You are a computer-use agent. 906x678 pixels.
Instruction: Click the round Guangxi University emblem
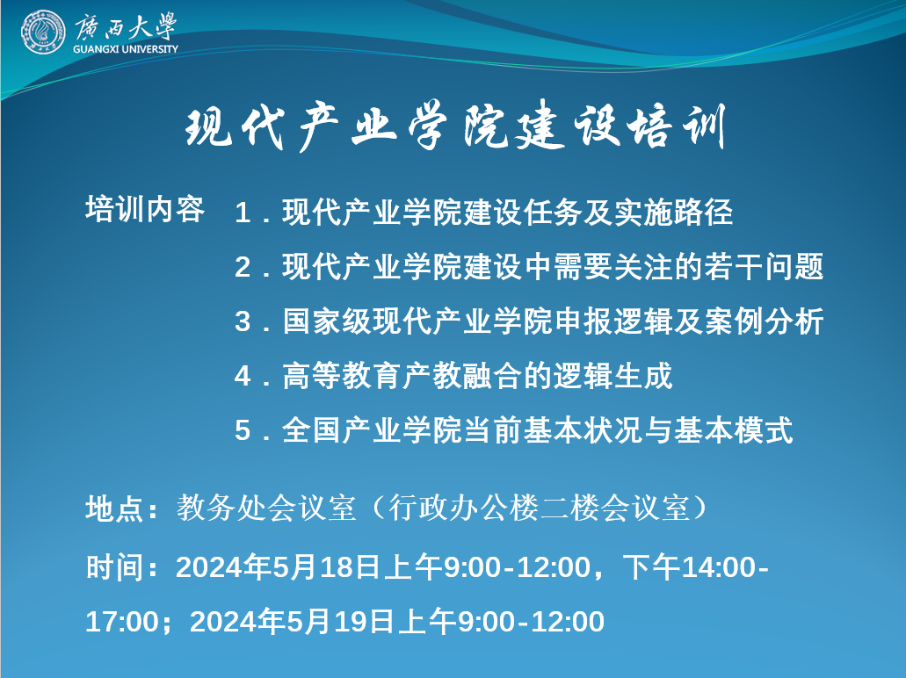pyautogui.click(x=42, y=32)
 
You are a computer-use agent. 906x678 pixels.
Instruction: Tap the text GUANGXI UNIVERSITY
pyautogui.click(x=126, y=50)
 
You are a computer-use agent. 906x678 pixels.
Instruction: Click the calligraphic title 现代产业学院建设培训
pyautogui.click(x=454, y=126)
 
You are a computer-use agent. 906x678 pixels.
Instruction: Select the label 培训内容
pyautogui.click(x=145, y=209)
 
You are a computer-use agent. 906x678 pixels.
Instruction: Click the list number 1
pyautogui.click(x=243, y=213)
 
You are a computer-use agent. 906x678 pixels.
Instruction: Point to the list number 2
pyautogui.click(x=243, y=267)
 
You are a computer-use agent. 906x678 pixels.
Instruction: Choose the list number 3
pyautogui.click(x=243, y=321)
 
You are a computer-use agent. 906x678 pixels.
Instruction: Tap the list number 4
pyautogui.click(x=243, y=376)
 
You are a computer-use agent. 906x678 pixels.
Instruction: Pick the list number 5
pyautogui.click(x=243, y=431)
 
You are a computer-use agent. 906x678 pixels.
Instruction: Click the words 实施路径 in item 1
pyautogui.click(x=673, y=213)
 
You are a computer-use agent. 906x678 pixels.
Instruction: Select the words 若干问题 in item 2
pyautogui.click(x=764, y=267)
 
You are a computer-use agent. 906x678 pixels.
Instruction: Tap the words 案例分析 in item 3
pyautogui.click(x=764, y=321)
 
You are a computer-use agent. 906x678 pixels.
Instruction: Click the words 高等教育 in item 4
pyautogui.click(x=342, y=376)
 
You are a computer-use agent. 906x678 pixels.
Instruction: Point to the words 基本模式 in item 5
pyautogui.click(x=734, y=431)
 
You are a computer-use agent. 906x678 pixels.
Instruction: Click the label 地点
pyautogui.click(x=114, y=508)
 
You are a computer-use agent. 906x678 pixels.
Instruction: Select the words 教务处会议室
pyautogui.click(x=266, y=508)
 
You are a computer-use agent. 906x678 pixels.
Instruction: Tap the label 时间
pyautogui.click(x=114, y=567)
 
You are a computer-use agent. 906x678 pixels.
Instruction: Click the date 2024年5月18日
pyautogui.click(x=279, y=567)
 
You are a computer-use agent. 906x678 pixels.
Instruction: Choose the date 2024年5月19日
pyautogui.click(x=293, y=622)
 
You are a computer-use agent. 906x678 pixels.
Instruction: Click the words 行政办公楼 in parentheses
pyautogui.click(x=463, y=508)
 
